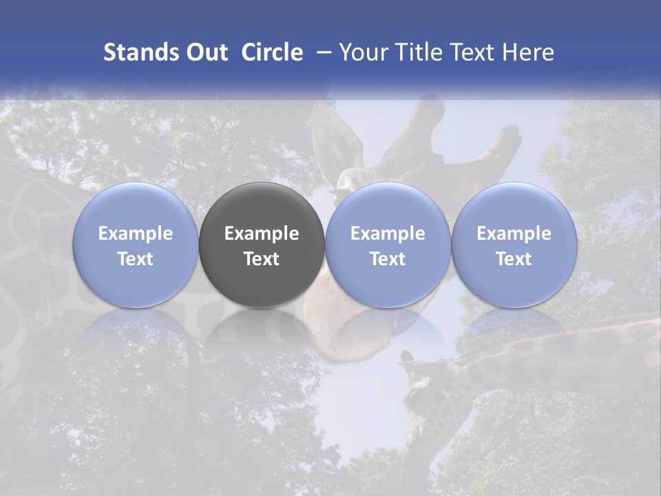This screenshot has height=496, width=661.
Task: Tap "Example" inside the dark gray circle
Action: coord(262,234)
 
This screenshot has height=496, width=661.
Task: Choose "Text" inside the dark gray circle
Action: coord(262,259)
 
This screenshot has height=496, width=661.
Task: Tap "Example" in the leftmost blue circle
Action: coord(135,234)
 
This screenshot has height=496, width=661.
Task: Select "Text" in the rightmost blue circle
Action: coord(514,259)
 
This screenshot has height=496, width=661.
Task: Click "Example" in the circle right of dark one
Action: coord(388,234)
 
